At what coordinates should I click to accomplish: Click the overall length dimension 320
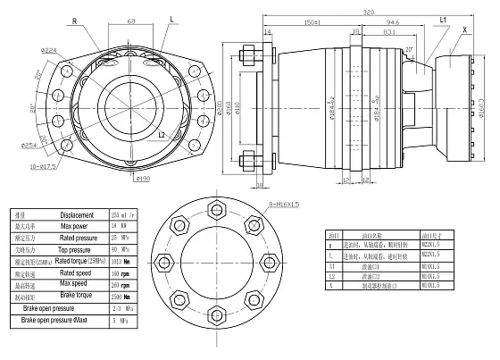pyautogui.click(x=369, y=13)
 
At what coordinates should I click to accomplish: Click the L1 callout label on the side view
pyautogui.click(x=443, y=19)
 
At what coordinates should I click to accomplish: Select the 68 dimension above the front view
pyautogui.click(x=131, y=19)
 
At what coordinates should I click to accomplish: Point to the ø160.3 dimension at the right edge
pyautogui.click(x=483, y=113)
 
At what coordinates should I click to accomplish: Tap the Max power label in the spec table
pyautogui.click(x=77, y=228)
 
